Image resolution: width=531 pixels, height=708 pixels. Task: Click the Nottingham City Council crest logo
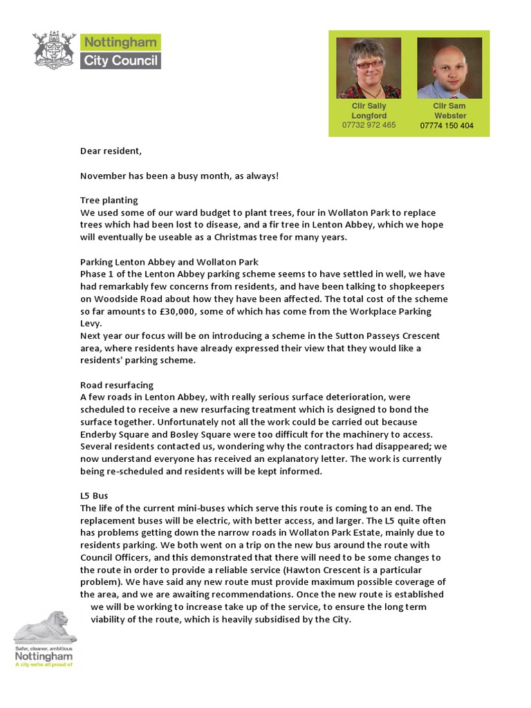click(55, 50)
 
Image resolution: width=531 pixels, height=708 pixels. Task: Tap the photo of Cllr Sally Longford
click(369, 68)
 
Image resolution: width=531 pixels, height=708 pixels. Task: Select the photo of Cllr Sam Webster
click(449, 68)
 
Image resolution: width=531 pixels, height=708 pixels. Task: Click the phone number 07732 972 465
click(369, 125)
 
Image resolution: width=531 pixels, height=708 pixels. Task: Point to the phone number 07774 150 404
click(447, 126)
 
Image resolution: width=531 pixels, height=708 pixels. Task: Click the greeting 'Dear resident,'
click(111, 151)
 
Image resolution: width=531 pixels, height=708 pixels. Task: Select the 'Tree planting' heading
click(109, 201)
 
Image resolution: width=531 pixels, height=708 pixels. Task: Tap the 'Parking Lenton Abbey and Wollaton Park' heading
click(169, 262)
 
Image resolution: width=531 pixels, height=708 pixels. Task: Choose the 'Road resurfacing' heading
click(117, 384)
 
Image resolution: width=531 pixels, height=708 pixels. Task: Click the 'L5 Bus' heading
click(94, 496)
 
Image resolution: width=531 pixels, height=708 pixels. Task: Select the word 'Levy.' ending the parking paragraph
click(91, 324)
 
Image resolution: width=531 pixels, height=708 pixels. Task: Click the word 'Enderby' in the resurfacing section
click(100, 434)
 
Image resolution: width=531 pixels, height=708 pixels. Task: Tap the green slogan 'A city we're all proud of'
click(44, 665)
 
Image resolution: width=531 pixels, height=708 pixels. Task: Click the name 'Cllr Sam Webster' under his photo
click(449, 111)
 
